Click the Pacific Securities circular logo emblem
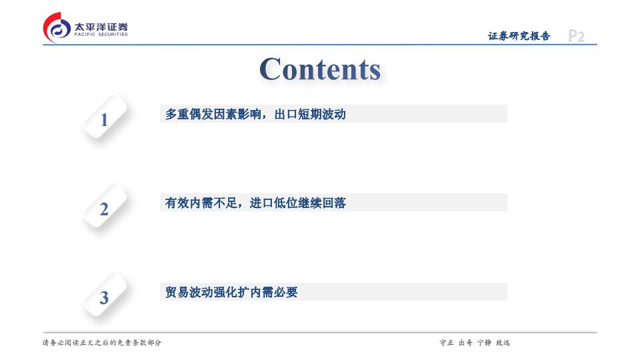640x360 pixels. point(57,28)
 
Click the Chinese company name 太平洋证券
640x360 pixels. point(101,27)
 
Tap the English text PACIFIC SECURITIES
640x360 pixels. point(101,35)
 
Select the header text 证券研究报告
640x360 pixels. point(519,36)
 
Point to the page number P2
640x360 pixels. point(576,36)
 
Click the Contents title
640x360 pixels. point(320,69)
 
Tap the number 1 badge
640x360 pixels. point(105,117)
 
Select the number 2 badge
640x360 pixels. point(105,206)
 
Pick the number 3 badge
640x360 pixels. point(105,295)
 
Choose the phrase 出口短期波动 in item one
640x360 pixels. point(310,114)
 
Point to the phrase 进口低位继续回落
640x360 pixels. point(298,203)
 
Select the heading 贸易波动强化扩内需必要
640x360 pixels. point(231,292)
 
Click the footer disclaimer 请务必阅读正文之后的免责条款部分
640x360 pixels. point(102,343)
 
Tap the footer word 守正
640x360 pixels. point(447,343)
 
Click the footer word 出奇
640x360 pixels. point(465,343)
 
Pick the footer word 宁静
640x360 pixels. point(484,343)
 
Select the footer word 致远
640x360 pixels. point(503,343)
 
